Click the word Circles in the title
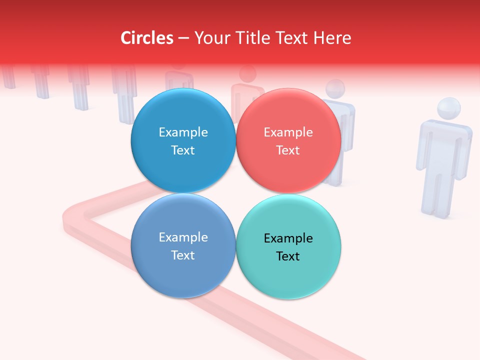[x=147, y=38]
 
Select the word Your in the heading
[x=211, y=38]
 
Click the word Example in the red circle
[x=288, y=132]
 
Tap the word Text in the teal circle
[x=288, y=256]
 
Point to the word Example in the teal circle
[x=288, y=238]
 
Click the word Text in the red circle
[x=288, y=150]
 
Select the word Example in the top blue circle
[x=183, y=132]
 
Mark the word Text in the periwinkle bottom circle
[x=183, y=255]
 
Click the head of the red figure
[x=247, y=74]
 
